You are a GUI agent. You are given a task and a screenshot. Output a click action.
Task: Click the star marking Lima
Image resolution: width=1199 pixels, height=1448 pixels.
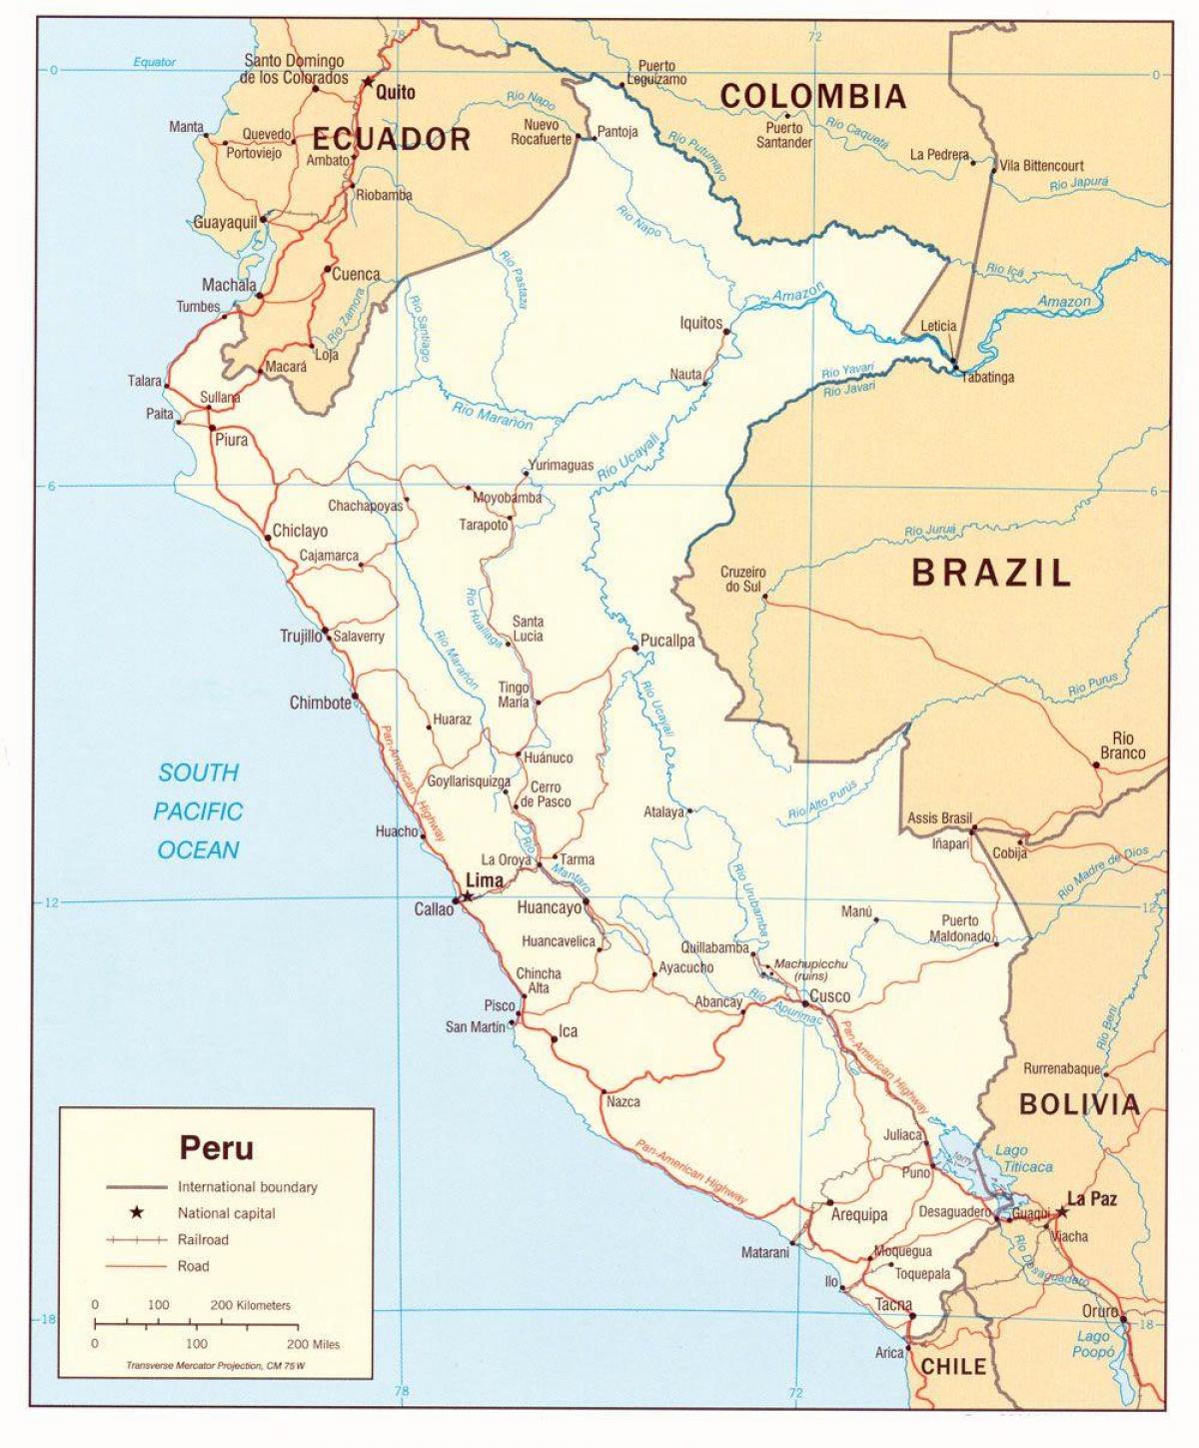point(466,897)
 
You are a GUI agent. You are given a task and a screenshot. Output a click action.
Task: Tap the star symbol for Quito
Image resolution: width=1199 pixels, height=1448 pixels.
point(367,82)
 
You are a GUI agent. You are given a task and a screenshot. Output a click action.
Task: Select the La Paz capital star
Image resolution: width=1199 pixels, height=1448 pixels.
point(1061,1211)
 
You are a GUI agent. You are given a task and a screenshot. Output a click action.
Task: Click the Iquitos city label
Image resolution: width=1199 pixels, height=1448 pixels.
point(700,323)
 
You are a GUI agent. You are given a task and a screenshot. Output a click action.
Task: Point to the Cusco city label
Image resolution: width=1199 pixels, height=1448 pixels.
point(830,995)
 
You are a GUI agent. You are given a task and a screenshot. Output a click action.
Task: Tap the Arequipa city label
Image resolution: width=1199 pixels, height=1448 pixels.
point(859,1215)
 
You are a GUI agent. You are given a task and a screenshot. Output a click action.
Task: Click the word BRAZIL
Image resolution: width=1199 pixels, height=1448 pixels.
point(991,573)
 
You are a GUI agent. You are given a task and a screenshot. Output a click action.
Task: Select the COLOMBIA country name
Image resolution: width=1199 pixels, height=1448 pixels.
point(813,96)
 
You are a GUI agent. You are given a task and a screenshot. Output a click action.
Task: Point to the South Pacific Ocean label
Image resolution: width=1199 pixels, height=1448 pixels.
point(198,811)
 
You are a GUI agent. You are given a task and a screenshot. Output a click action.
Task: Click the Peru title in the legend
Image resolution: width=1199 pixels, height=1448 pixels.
point(216,1147)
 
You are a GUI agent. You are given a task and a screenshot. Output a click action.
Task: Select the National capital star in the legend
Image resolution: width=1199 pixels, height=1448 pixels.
point(137,1213)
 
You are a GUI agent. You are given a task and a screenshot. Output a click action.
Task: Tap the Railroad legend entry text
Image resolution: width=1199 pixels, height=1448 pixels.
point(203,1239)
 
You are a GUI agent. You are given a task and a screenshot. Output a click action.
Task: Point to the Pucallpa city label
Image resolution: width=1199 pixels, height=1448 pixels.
point(667,641)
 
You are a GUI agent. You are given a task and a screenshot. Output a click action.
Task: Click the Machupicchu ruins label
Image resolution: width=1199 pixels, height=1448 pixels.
point(810,969)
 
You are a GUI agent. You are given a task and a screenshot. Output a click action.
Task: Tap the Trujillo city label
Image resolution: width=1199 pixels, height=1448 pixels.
point(301,636)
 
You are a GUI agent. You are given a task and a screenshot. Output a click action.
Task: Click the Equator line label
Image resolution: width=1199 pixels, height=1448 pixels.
point(154,62)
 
